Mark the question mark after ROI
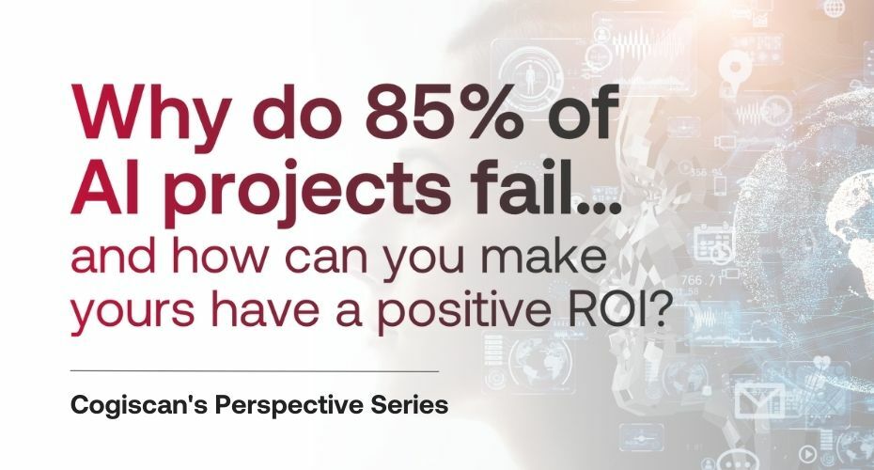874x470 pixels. [x=662, y=317]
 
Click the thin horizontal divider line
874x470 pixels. [x=254, y=371]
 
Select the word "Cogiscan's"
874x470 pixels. [x=141, y=409]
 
